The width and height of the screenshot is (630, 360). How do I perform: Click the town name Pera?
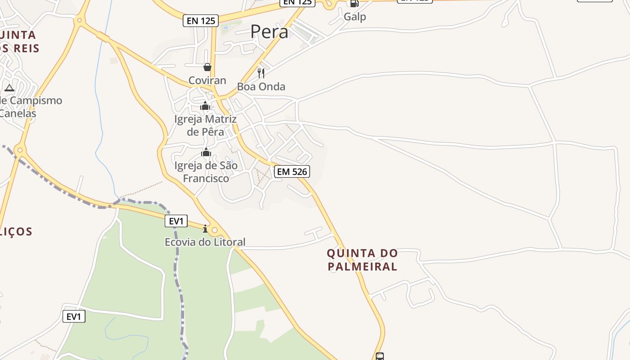269,31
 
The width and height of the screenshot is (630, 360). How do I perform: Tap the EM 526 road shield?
292,171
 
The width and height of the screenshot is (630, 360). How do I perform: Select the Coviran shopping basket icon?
207,67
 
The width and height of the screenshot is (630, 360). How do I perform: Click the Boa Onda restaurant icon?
261,73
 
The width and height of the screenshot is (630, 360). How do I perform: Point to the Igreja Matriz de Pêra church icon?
205,106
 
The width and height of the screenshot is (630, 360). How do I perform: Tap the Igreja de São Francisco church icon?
206,153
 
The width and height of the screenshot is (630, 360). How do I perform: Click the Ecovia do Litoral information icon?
205,229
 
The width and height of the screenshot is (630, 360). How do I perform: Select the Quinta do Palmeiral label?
362,260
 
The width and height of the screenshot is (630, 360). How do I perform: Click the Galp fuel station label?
355,17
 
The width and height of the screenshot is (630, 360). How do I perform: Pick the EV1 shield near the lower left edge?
74,316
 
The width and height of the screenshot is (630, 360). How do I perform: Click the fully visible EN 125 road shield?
201,20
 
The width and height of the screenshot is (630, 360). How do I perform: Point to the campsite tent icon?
9,88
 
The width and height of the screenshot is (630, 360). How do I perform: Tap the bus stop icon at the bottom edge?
380,356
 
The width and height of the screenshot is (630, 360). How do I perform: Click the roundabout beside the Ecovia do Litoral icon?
215,230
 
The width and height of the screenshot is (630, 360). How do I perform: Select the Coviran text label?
207,81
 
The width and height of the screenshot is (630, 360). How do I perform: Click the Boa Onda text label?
261,86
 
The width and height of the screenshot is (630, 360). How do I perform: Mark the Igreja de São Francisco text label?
206,172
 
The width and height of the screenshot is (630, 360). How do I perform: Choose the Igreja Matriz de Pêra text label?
205,126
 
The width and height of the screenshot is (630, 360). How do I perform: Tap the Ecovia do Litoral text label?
205,242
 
